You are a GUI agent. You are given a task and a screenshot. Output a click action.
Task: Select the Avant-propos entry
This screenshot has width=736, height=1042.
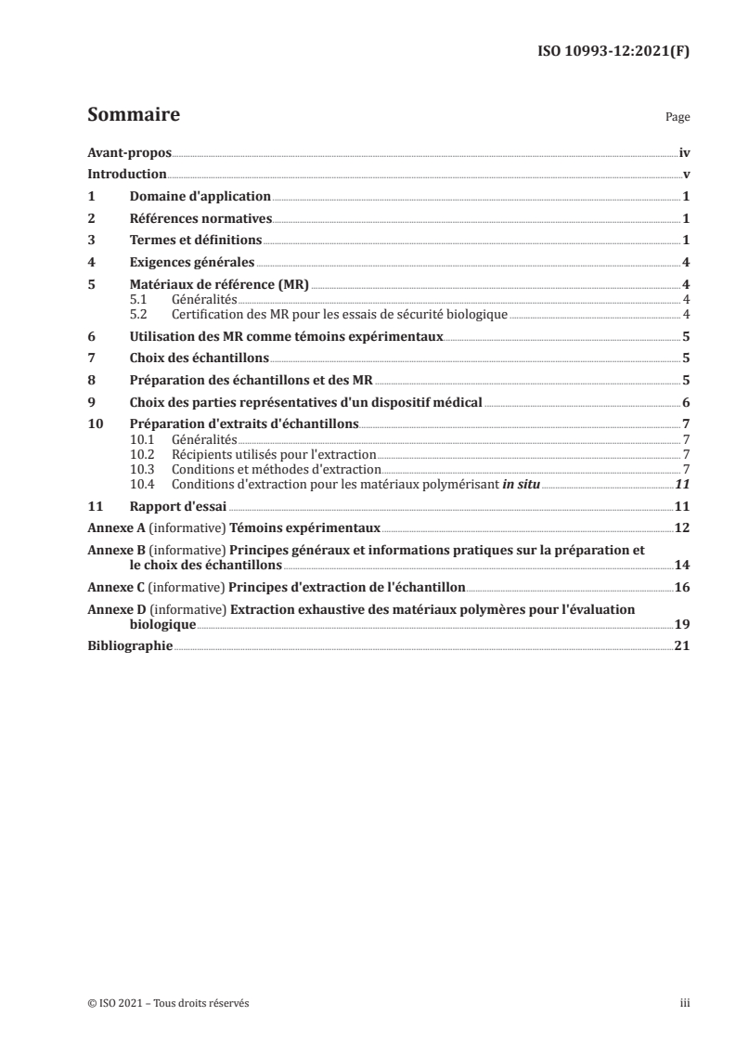pyautogui.click(x=129, y=152)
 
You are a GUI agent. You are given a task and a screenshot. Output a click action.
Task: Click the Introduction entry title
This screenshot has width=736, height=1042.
pyautogui.click(x=126, y=175)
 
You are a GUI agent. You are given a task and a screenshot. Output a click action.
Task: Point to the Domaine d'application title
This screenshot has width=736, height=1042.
pyautogui.click(x=200, y=197)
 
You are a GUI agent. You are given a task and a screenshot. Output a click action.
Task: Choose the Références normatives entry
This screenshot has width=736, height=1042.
pyautogui.click(x=200, y=219)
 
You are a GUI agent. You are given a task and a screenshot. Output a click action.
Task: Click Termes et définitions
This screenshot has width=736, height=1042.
pyautogui.click(x=196, y=241)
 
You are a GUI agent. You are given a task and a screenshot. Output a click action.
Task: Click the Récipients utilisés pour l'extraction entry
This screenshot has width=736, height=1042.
pyautogui.click(x=274, y=455)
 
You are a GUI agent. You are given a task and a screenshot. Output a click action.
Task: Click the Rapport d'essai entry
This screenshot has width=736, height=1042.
pyautogui.click(x=178, y=507)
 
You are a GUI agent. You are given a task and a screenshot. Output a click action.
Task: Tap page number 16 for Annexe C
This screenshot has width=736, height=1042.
pyautogui.click(x=681, y=589)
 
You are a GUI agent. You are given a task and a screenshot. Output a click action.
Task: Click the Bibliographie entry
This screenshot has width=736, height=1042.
pyautogui.click(x=129, y=647)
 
